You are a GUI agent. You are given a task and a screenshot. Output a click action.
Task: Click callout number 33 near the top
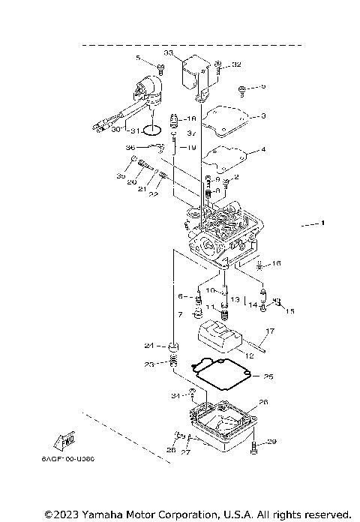[168, 52]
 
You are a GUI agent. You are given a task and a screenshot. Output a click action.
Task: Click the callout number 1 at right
[322, 223]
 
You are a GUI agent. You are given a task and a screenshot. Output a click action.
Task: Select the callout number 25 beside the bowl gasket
[268, 376]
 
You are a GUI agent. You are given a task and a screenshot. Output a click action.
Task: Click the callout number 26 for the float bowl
[262, 402]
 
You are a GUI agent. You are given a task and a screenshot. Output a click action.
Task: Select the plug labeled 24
[175, 346]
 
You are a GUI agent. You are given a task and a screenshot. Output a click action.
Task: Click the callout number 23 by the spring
[150, 364]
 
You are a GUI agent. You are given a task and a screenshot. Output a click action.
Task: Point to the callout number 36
[130, 148]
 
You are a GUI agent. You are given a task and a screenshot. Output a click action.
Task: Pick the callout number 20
[131, 182]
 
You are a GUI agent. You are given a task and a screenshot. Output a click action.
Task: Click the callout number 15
[291, 310]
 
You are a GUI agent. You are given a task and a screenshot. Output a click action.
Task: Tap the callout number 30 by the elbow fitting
[116, 129]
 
